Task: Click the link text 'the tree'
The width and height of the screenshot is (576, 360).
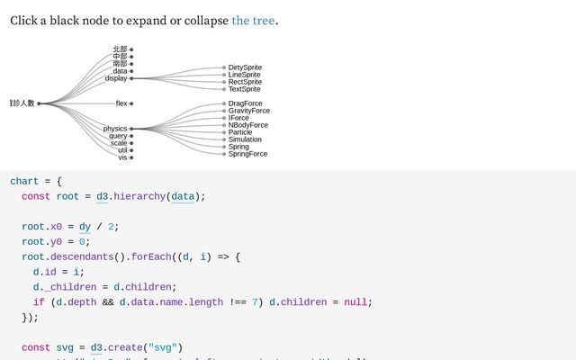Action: coord(253,20)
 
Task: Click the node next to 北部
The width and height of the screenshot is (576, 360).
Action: coord(131,49)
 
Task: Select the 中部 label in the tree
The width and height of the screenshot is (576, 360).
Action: coord(120,57)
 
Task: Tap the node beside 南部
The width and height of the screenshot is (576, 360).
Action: coord(131,64)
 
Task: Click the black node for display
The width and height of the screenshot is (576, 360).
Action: coord(131,78)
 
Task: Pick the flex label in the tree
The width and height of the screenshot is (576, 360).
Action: coord(121,103)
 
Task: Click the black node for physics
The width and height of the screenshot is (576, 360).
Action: coord(131,129)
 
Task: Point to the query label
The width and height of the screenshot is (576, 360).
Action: coord(118,136)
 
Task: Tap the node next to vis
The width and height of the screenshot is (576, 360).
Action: coord(131,157)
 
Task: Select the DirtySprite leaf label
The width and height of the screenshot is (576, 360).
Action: coord(245,67)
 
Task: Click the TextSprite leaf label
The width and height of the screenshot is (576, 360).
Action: coord(245,89)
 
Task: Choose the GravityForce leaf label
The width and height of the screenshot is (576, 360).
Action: coord(249,111)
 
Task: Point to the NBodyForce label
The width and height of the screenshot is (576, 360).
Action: coord(248,125)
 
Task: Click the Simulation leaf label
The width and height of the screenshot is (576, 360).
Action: coord(245,139)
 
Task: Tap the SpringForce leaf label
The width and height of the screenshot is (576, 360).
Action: coord(247,154)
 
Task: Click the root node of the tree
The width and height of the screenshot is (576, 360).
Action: coord(39,103)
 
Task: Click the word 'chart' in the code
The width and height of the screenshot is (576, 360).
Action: coord(24,181)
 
